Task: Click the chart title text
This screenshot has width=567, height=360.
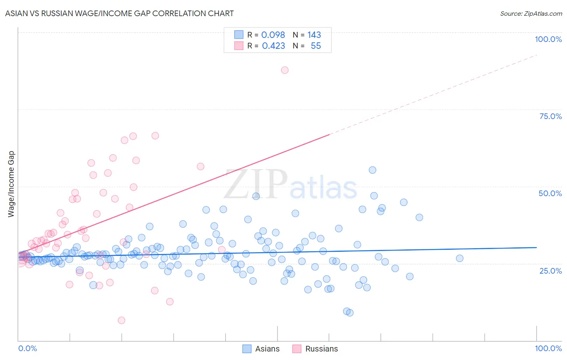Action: click(x=119, y=13)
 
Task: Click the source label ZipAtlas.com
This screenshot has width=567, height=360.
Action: click(x=531, y=13)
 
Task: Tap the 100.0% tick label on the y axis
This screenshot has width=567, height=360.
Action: click(x=548, y=39)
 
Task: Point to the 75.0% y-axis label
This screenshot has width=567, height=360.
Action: click(x=550, y=116)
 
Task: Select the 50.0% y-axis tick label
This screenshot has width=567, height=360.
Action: click(x=550, y=193)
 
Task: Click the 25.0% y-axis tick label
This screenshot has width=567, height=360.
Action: click(x=550, y=271)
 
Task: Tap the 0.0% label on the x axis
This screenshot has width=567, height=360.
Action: click(x=27, y=348)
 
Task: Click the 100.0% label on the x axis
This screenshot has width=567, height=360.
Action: click(x=548, y=348)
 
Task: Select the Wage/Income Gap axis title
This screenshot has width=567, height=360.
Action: click(x=11, y=184)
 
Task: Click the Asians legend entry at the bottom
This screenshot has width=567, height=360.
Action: click(x=267, y=349)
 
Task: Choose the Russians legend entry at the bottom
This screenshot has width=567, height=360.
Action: click(x=321, y=349)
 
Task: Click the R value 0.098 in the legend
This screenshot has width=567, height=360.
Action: click(x=273, y=35)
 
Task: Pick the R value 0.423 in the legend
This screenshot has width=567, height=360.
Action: click(x=273, y=46)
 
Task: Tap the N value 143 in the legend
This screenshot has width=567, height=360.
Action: click(x=314, y=35)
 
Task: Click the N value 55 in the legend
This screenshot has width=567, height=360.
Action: click(x=316, y=46)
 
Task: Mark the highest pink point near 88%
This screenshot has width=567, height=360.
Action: click(x=285, y=70)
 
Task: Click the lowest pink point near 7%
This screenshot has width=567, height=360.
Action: click(x=121, y=320)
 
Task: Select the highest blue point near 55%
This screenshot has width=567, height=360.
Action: click(x=373, y=170)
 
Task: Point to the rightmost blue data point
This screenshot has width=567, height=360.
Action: click(x=460, y=258)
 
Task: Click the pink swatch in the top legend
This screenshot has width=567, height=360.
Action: click(x=239, y=46)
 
